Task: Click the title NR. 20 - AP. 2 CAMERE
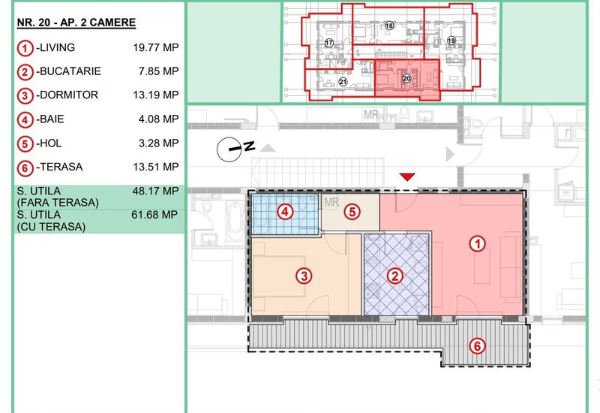76,23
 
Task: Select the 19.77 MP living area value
156,47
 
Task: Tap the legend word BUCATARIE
70,71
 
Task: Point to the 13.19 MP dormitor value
156,95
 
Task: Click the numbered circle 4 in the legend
25,120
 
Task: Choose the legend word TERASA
61,167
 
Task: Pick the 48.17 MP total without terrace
155,191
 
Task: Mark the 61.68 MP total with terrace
154,215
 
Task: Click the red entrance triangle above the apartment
407,176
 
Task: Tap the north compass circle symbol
229,149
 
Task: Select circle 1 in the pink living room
478,243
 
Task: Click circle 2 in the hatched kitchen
395,276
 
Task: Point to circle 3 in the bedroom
304,276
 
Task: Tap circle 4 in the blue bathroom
285,212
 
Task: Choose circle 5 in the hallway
352,212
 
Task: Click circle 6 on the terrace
478,346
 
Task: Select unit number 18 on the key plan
389,26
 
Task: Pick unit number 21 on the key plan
343,82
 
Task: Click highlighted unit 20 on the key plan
406,79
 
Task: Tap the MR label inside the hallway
331,202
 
